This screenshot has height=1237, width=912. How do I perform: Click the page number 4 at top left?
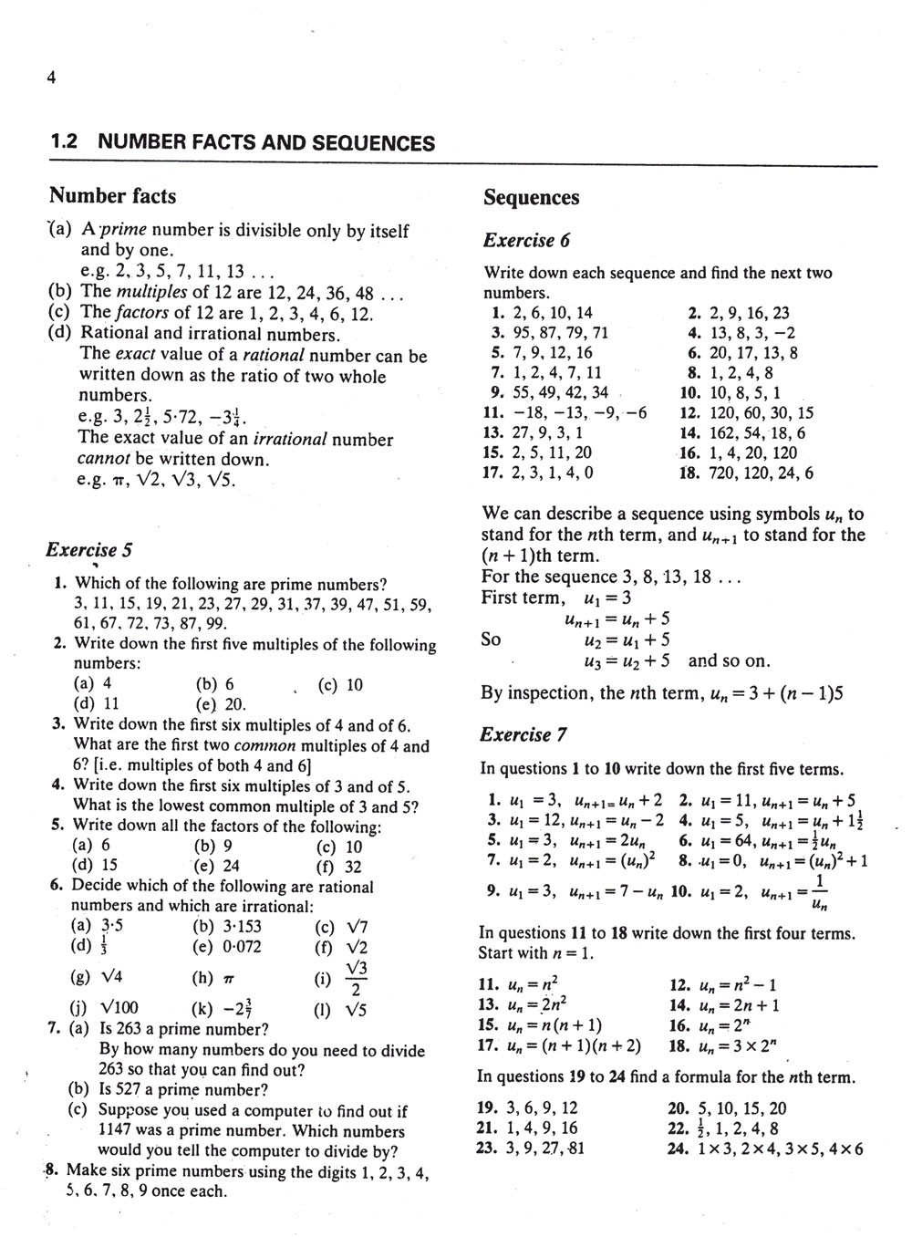point(52,78)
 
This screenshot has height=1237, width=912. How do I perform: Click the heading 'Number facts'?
point(112,196)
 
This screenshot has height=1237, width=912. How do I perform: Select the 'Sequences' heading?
point(531,198)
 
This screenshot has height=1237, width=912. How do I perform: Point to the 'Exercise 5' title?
point(89,550)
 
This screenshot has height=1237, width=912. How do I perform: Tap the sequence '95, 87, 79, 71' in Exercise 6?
point(562,333)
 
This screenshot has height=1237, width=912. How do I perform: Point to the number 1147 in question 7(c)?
point(118,1131)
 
